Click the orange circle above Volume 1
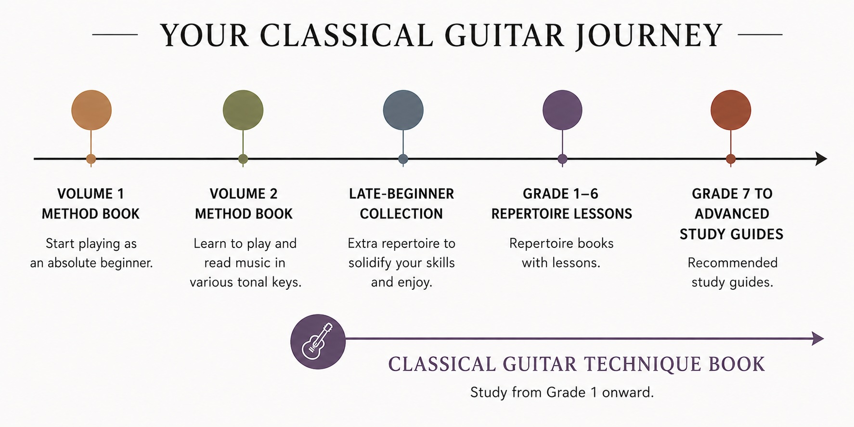coord(91,110)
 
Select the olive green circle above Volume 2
coord(243,110)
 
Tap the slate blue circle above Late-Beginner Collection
coord(403,110)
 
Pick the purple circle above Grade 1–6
coord(562,110)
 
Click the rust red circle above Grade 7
coord(731,110)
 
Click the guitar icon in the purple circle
coord(317,341)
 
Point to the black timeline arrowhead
coord(821,158)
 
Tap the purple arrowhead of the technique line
coord(818,338)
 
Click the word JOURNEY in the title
coord(648,36)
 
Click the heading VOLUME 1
coord(91,194)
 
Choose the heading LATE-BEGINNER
coord(401,194)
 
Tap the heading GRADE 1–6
coord(561,194)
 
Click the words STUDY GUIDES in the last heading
coord(732,234)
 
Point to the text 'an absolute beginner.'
coord(91,263)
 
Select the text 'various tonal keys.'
coord(246,282)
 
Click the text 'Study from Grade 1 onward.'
coord(562,392)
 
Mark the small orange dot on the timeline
coord(91,159)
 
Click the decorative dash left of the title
coord(115,35)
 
